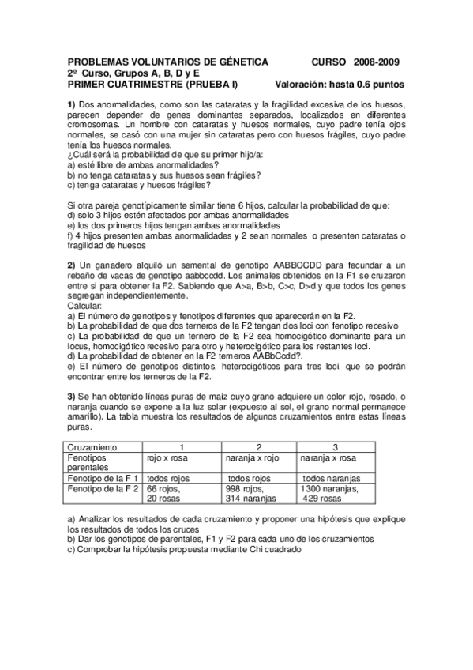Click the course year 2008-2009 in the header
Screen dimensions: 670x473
(377, 62)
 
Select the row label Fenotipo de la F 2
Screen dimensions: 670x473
(103, 489)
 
